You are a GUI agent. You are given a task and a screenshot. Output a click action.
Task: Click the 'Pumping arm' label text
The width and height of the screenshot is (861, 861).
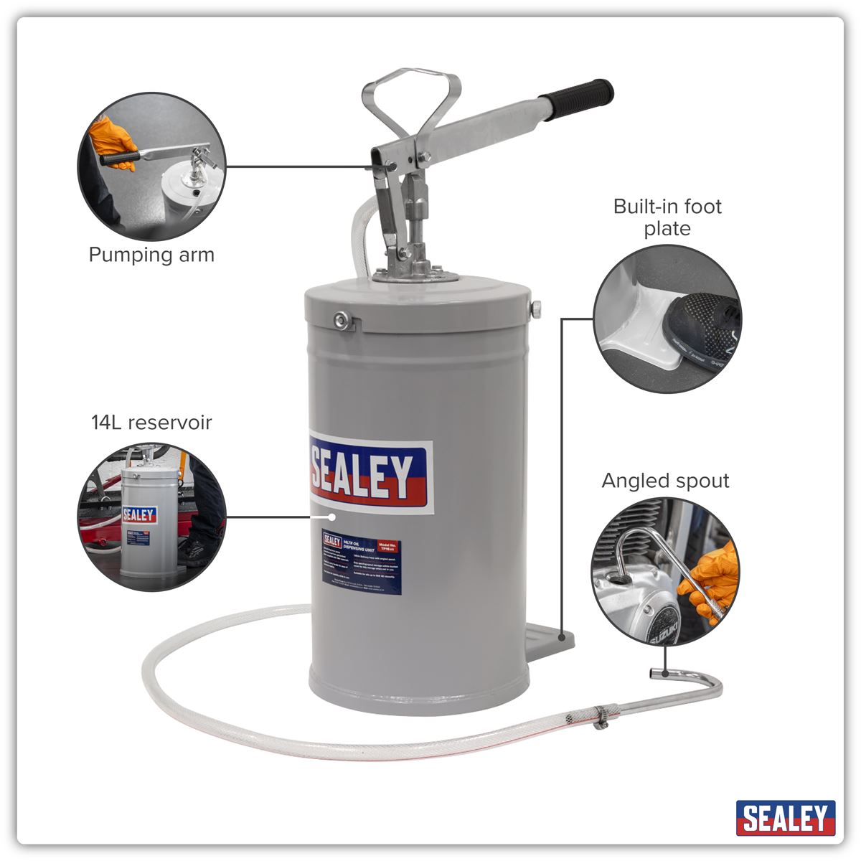[151, 255]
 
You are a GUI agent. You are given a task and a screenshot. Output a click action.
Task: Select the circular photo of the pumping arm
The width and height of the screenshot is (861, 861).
[151, 166]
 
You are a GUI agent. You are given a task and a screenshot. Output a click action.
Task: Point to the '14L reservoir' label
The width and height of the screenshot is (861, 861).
[151, 422]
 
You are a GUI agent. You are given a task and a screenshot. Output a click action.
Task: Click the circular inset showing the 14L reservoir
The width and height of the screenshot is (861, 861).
[151, 517]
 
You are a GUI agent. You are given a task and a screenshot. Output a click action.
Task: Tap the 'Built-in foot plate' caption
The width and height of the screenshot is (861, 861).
[667, 217]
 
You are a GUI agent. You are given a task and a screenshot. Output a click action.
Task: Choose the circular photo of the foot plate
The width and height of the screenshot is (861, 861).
[667, 319]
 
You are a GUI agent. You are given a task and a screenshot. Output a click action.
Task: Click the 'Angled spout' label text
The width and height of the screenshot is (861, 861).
[665, 481]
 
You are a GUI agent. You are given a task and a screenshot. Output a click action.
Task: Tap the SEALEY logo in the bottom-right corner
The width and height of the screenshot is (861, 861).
[786, 818]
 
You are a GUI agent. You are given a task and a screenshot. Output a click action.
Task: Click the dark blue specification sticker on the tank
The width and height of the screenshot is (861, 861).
[361, 566]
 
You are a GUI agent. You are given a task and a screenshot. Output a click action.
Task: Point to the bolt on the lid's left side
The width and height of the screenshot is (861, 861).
[342, 320]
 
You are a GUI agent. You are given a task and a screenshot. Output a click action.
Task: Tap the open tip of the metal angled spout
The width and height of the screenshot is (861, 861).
[654, 673]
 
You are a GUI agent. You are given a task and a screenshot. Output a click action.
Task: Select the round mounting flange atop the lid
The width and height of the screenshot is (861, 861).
[415, 275]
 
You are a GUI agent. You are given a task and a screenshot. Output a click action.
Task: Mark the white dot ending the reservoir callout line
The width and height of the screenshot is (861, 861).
[331, 516]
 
